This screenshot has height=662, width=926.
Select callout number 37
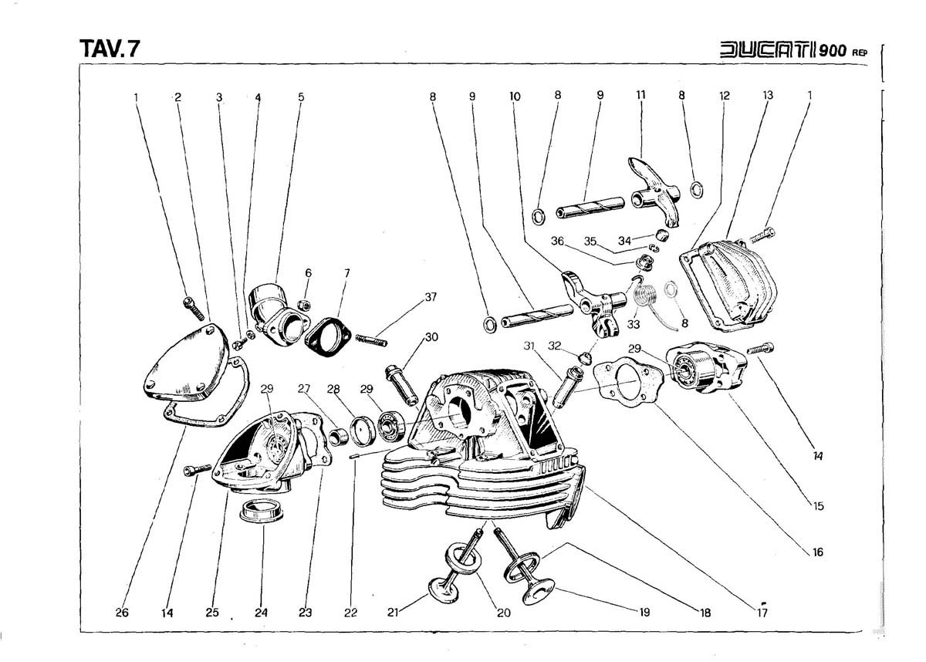click(x=430, y=298)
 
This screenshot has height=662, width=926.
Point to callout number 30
click(x=431, y=336)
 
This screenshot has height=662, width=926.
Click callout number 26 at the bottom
click(x=121, y=613)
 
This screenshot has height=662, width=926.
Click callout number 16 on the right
click(x=818, y=552)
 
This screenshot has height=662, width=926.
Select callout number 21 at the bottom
click(x=393, y=613)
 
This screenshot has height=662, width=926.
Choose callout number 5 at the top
click(x=301, y=97)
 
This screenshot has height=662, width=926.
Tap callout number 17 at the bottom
click(x=762, y=613)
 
